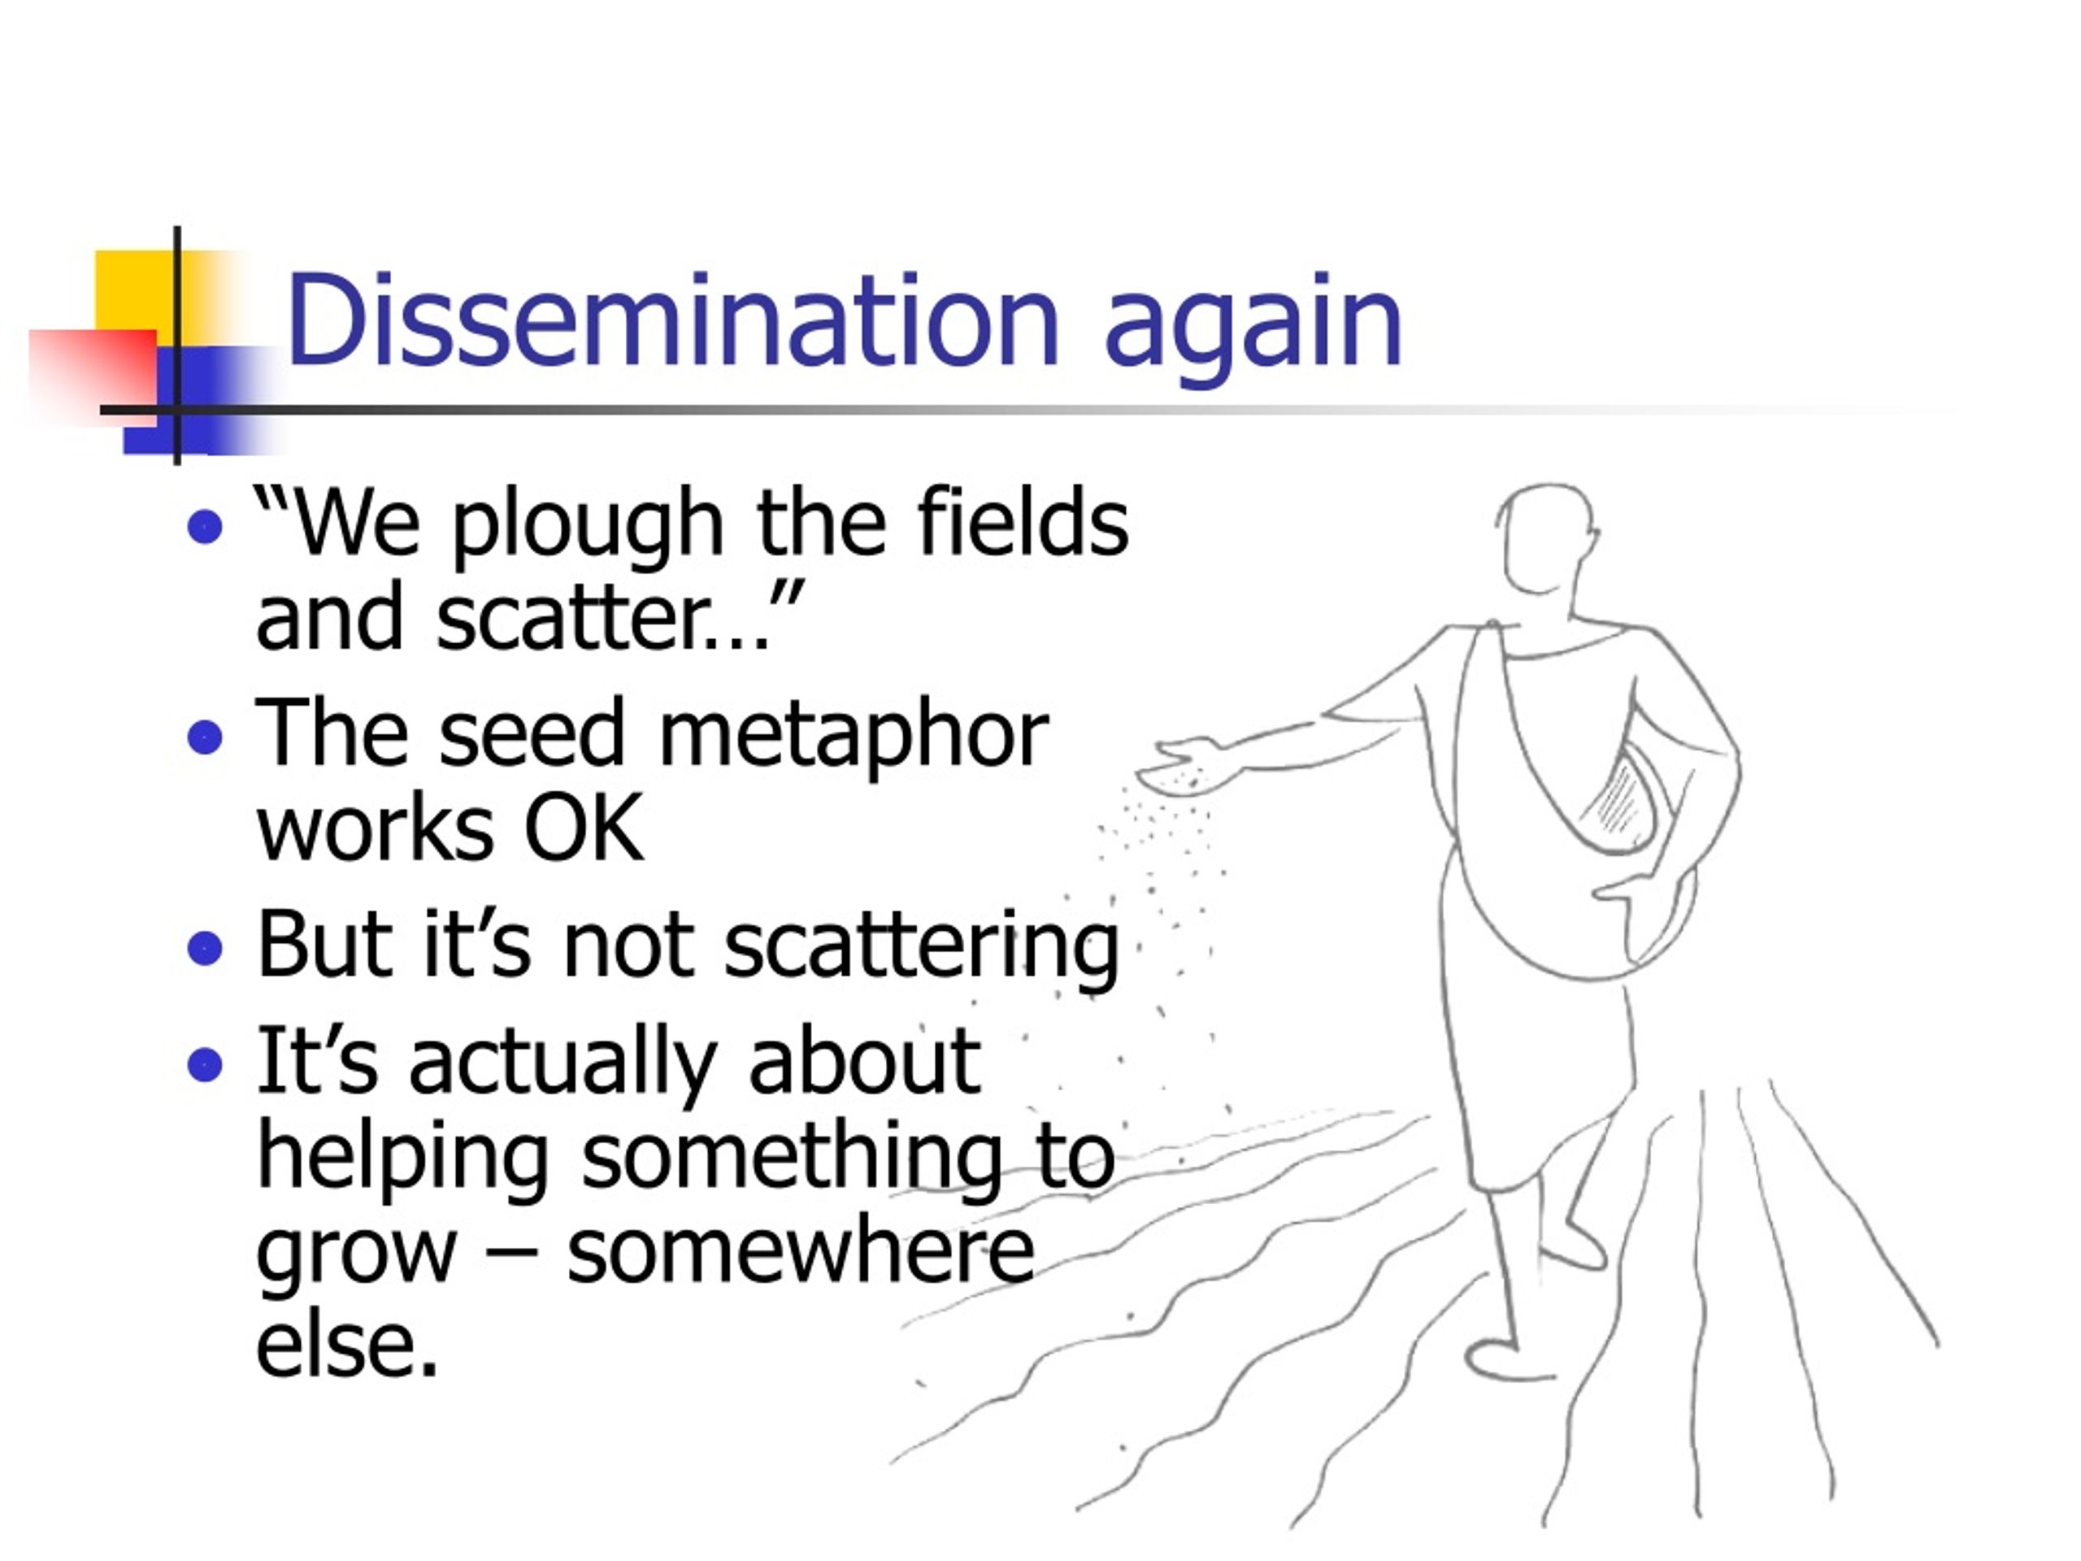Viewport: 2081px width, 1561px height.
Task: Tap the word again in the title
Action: coord(1253,324)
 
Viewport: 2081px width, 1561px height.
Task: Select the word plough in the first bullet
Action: coord(589,526)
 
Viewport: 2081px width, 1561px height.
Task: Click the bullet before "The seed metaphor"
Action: coord(205,737)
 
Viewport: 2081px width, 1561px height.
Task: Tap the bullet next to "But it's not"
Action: coord(205,949)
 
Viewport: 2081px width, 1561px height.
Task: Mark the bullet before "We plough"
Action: coord(205,527)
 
